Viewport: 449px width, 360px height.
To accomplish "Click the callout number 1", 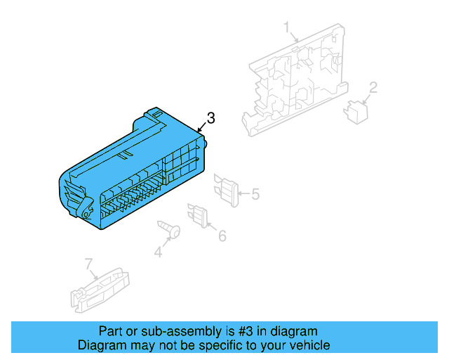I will (x=287, y=27).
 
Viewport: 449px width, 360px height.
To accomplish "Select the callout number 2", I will (x=373, y=88).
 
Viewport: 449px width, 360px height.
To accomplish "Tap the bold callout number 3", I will (x=210, y=118).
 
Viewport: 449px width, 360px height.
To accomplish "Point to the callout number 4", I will (x=158, y=251).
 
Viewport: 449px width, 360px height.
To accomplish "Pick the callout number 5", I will (x=255, y=193).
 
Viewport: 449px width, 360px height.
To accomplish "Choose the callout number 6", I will (x=222, y=236).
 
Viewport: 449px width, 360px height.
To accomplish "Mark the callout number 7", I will (x=89, y=264).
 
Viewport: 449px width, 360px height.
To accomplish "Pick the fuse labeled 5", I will (x=228, y=189).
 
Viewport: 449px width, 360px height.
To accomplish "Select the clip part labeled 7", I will (x=98, y=289).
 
